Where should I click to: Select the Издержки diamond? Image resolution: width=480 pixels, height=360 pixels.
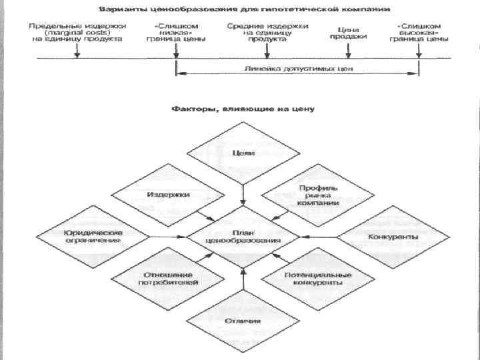point(168,194)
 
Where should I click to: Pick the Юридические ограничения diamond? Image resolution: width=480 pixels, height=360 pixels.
point(92,237)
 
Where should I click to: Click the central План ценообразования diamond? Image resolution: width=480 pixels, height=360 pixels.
point(243,237)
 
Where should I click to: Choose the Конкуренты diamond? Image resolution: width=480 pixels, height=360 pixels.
point(393,237)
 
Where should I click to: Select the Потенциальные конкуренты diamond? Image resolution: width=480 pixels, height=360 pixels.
point(318,278)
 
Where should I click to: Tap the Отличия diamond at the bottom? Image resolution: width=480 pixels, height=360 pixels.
point(243,321)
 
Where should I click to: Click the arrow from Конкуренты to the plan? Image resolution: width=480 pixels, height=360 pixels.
point(320,237)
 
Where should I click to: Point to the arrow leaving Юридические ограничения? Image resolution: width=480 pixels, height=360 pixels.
point(167,237)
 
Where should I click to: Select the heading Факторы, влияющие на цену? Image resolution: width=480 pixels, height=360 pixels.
point(243,107)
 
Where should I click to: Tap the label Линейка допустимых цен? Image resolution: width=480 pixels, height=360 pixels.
point(299,68)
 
